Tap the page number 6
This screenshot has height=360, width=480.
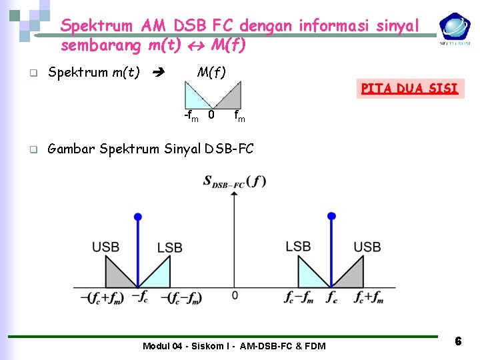458,341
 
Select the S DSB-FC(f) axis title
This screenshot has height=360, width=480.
234,181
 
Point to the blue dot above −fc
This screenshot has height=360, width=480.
138,217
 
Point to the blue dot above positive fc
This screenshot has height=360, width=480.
331,216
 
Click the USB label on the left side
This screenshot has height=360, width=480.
106,247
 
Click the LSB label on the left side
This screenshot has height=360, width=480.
169,248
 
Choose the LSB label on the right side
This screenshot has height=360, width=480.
298,246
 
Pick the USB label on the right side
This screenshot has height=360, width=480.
367,247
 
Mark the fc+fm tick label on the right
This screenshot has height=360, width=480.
369,298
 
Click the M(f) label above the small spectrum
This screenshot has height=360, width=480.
211,72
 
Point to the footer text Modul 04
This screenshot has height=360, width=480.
234,345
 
